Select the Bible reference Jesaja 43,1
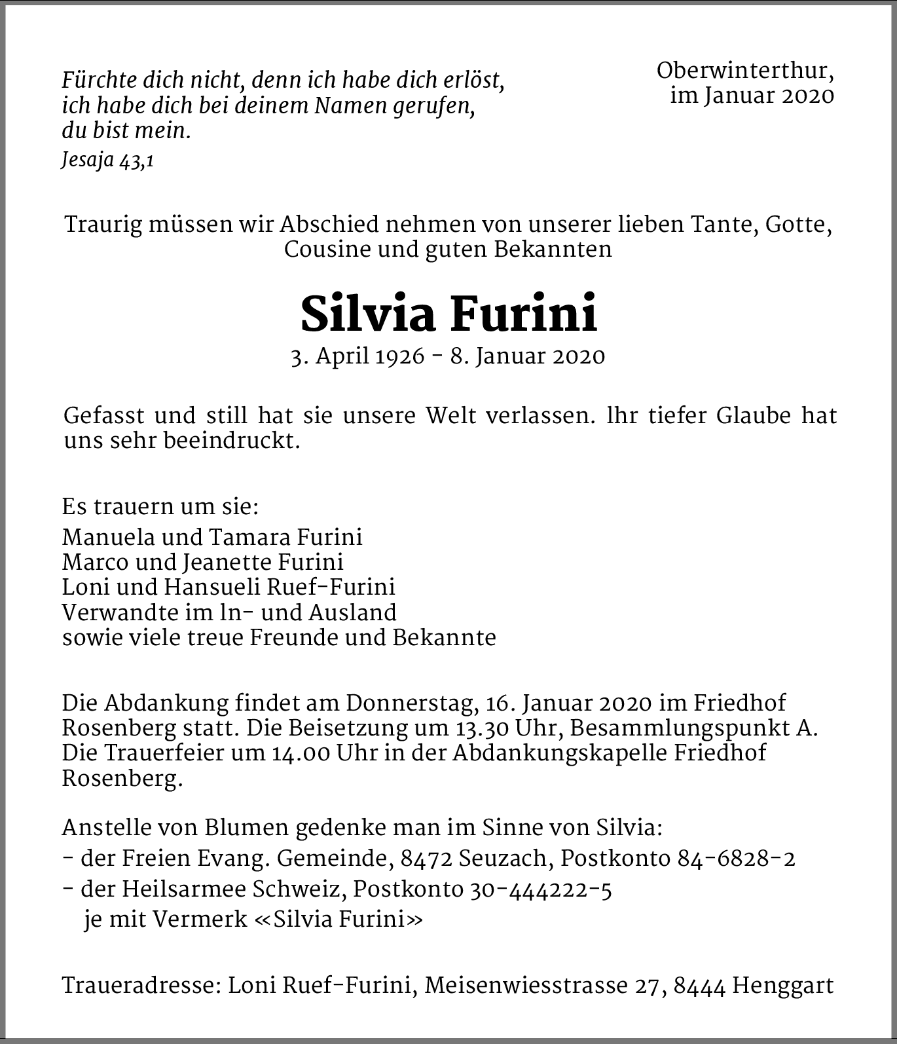click(107, 160)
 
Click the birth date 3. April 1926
click(357, 356)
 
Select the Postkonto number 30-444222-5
click(540, 889)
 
